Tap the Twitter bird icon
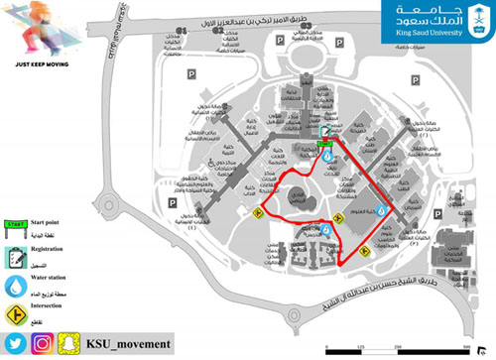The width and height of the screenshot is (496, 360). tap(16, 343)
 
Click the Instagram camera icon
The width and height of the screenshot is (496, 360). tap(43, 343)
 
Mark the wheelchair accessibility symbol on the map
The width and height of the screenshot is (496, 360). tap(210, 166)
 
